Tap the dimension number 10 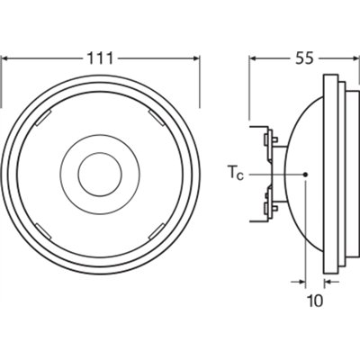point(314,301)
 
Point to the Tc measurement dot point(306,174)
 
